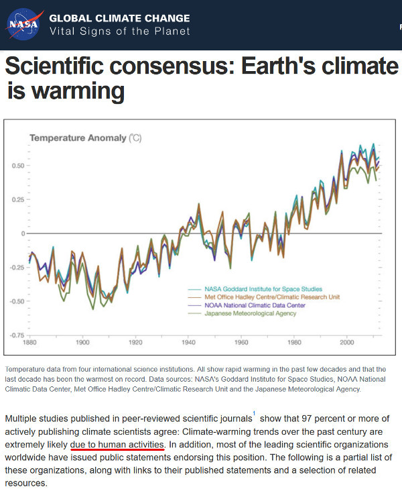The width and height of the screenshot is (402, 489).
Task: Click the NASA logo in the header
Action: tap(23, 24)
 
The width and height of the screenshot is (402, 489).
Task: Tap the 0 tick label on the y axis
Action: tap(22, 233)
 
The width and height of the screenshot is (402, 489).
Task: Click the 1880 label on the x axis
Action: tap(29, 343)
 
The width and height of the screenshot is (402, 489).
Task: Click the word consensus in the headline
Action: tap(200, 67)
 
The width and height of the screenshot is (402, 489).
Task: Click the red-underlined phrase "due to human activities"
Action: tap(117, 445)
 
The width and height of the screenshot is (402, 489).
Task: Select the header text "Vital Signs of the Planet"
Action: tap(120, 32)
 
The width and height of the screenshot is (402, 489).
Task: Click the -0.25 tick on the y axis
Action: tap(17, 267)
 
